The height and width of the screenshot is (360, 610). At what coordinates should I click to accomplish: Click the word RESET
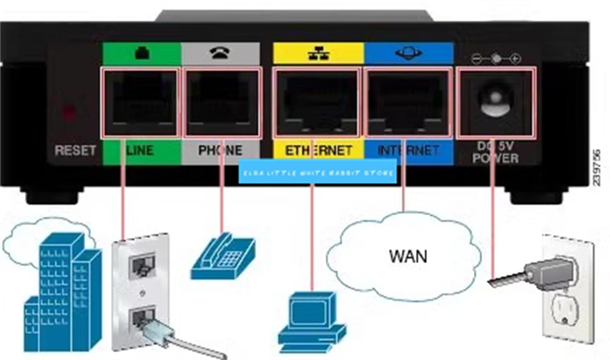[x=76, y=150]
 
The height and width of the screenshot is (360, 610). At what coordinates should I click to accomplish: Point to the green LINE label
[x=140, y=150]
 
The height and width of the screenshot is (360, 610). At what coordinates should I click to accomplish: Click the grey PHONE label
[x=221, y=150]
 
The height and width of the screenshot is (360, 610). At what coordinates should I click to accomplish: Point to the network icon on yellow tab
[x=318, y=54]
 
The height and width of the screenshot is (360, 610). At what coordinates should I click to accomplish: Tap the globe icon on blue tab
[x=408, y=54]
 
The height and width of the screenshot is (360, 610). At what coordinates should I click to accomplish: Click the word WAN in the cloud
[x=408, y=255]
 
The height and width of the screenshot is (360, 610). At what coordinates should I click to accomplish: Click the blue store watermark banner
[x=318, y=173]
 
